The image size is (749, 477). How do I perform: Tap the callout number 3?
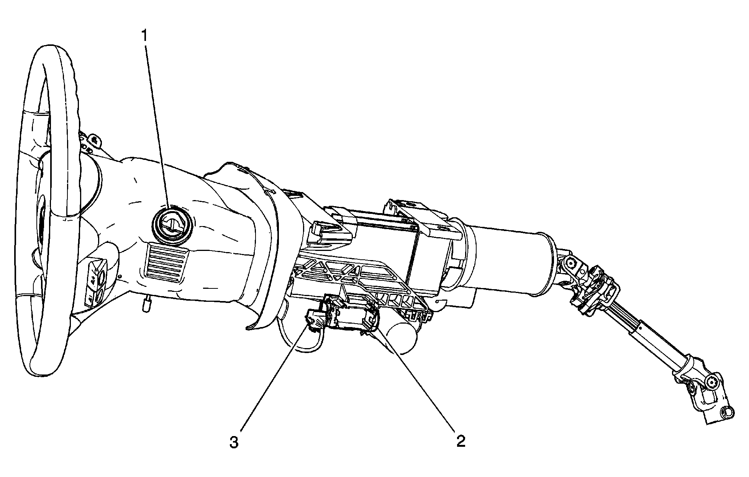pyautogui.click(x=234, y=443)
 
